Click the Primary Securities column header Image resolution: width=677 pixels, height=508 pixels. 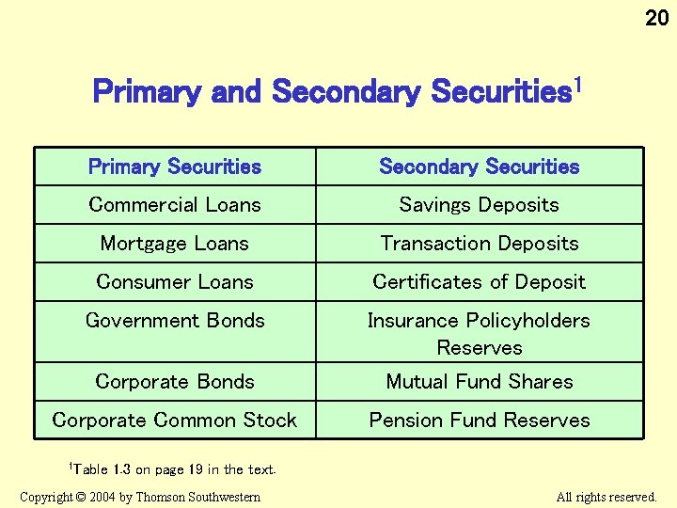[175, 167]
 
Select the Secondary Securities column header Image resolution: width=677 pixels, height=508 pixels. [480, 167]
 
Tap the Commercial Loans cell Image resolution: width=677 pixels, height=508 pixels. [175, 205]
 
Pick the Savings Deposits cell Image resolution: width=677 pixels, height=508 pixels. [480, 205]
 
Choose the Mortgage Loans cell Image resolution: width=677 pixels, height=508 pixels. [175, 244]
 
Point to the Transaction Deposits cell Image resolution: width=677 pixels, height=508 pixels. [480, 244]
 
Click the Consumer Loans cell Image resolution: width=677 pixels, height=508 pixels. [175, 282]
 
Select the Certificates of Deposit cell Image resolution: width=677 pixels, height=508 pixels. [480, 282]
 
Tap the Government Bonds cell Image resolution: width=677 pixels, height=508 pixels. [175, 321]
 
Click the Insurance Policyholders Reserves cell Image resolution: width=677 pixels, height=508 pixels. [480, 333]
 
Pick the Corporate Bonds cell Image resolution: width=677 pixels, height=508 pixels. [175, 382]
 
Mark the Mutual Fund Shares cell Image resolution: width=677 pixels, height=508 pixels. [480, 382]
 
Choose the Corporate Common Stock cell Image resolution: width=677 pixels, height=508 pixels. [175, 421]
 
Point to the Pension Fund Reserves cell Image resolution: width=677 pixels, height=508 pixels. [480, 421]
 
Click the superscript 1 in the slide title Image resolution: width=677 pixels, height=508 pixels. [578, 87]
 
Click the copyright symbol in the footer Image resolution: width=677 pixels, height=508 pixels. [82, 497]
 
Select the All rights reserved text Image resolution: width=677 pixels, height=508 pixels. [606, 497]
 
